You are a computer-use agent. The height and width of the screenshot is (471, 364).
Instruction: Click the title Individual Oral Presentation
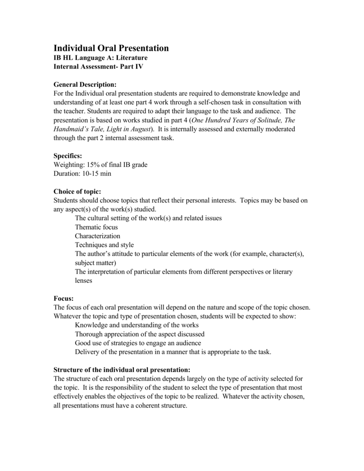(x=111, y=48)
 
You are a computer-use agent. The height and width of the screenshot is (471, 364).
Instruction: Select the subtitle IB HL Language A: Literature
(x=101, y=58)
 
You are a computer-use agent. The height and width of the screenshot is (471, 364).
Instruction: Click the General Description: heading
(x=85, y=85)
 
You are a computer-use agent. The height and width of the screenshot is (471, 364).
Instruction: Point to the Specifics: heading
(x=68, y=156)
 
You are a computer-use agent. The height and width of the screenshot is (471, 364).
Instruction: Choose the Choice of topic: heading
(x=77, y=191)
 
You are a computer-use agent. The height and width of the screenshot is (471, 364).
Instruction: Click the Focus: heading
(x=64, y=299)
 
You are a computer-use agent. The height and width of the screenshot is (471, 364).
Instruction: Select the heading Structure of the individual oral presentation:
(x=121, y=370)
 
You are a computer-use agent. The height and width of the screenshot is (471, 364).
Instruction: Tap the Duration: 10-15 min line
(x=82, y=174)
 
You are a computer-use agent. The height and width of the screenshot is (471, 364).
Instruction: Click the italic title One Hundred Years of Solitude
(x=237, y=121)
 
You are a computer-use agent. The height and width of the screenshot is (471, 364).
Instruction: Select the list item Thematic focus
(x=96, y=227)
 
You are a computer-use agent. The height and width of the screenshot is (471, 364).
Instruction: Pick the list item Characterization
(x=98, y=236)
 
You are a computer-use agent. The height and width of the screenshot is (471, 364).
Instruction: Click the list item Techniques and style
(x=104, y=245)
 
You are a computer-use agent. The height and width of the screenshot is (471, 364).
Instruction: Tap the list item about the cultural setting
(x=148, y=218)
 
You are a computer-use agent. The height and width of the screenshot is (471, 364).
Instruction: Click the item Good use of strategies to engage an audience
(x=138, y=343)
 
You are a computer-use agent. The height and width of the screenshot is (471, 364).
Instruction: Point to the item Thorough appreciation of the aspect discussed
(x=139, y=334)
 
